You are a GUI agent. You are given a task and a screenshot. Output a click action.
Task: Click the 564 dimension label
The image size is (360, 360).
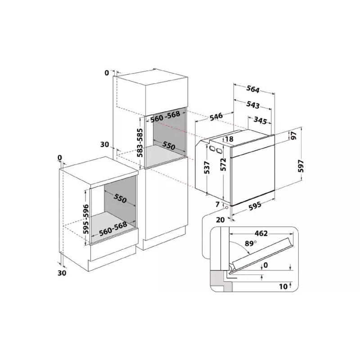coord(253,89)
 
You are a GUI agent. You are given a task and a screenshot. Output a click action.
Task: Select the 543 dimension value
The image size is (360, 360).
coord(253,104)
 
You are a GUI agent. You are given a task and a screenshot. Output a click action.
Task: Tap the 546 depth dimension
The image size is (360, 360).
coord(216,116)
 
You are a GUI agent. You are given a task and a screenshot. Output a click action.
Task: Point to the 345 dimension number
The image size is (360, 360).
coord(261,120)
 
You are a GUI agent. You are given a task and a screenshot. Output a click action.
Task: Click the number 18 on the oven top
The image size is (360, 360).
coord(229,139)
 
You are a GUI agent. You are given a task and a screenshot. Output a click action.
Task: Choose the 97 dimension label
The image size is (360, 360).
coord(294,135)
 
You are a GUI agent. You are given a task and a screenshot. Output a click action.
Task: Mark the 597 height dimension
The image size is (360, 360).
coord(301,166)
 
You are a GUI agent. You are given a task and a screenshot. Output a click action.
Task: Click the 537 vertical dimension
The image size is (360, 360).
coord(207,167)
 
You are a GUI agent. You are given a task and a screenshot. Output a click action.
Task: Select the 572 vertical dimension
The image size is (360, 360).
coord(223,164)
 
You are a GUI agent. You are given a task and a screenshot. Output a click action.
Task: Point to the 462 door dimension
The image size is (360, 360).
coord(261,234)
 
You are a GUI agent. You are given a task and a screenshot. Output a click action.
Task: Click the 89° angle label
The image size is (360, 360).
coord(251,243)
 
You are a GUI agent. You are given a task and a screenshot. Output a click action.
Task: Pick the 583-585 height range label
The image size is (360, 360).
coord(140,143)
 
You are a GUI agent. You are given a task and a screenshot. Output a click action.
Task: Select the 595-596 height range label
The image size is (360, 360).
coord(86,219)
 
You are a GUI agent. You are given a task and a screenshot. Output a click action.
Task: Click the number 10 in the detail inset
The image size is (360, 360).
coord(283,287)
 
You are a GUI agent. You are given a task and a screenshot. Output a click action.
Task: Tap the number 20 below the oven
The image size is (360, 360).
coord(220,220)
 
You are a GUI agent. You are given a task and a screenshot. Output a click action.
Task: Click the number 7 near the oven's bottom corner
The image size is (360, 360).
coord(218,204)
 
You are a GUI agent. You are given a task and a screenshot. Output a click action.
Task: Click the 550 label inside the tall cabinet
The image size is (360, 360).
coord(169,145)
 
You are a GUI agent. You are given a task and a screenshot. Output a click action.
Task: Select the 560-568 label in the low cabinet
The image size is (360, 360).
coord(113,229)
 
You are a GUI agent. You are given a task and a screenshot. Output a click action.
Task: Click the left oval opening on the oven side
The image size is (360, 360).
coord(211,148)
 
